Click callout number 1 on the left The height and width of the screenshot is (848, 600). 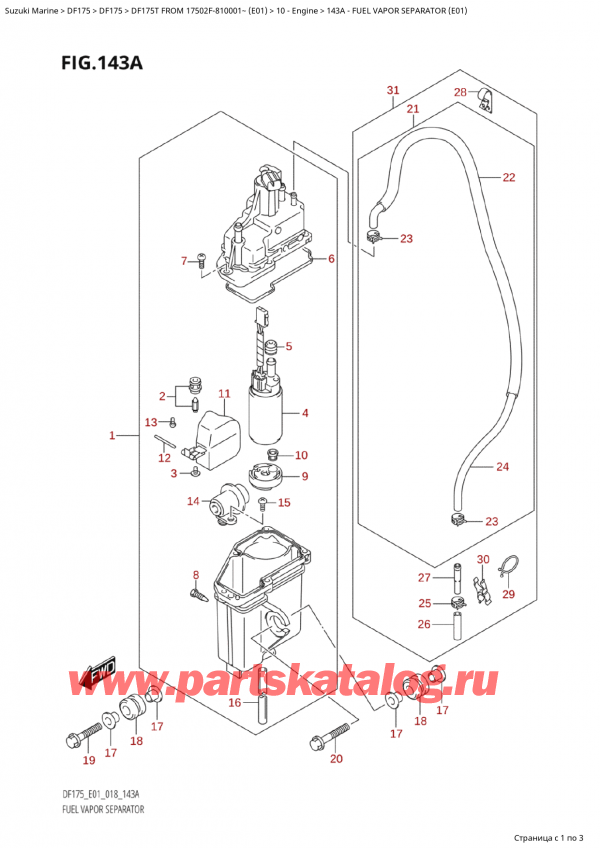[x=113, y=435]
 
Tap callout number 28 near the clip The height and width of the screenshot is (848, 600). [x=459, y=92]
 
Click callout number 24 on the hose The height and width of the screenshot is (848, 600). [x=502, y=466]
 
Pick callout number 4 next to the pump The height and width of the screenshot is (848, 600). [x=304, y=412]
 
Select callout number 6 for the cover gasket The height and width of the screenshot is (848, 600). [x=330, y=259]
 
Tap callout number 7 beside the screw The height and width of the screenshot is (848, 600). [x=184, y=261]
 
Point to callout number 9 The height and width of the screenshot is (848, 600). [x=304, y=476]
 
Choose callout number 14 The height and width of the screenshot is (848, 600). [x=193, y=501]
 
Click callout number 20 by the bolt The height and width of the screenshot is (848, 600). [x=336, y=758]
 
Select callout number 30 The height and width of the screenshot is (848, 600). [x=483, y=559]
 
